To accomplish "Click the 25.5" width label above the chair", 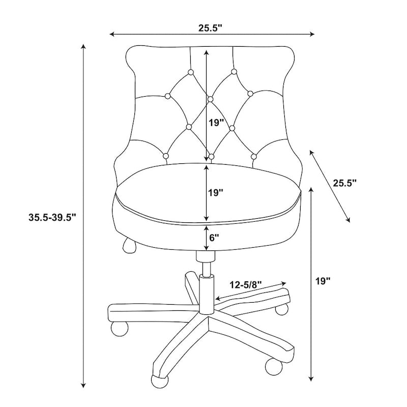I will (x=211, y=28).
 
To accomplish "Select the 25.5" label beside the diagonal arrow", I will (x=345, y=183).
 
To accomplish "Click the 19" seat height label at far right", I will (x=323, y=281).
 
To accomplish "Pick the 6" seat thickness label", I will (x=214, y=237).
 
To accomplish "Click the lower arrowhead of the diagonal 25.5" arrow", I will (x=348, y=220).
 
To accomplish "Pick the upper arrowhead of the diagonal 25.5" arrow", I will (x=311, y=152).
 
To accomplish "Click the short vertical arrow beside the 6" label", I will (x=206, y=237).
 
